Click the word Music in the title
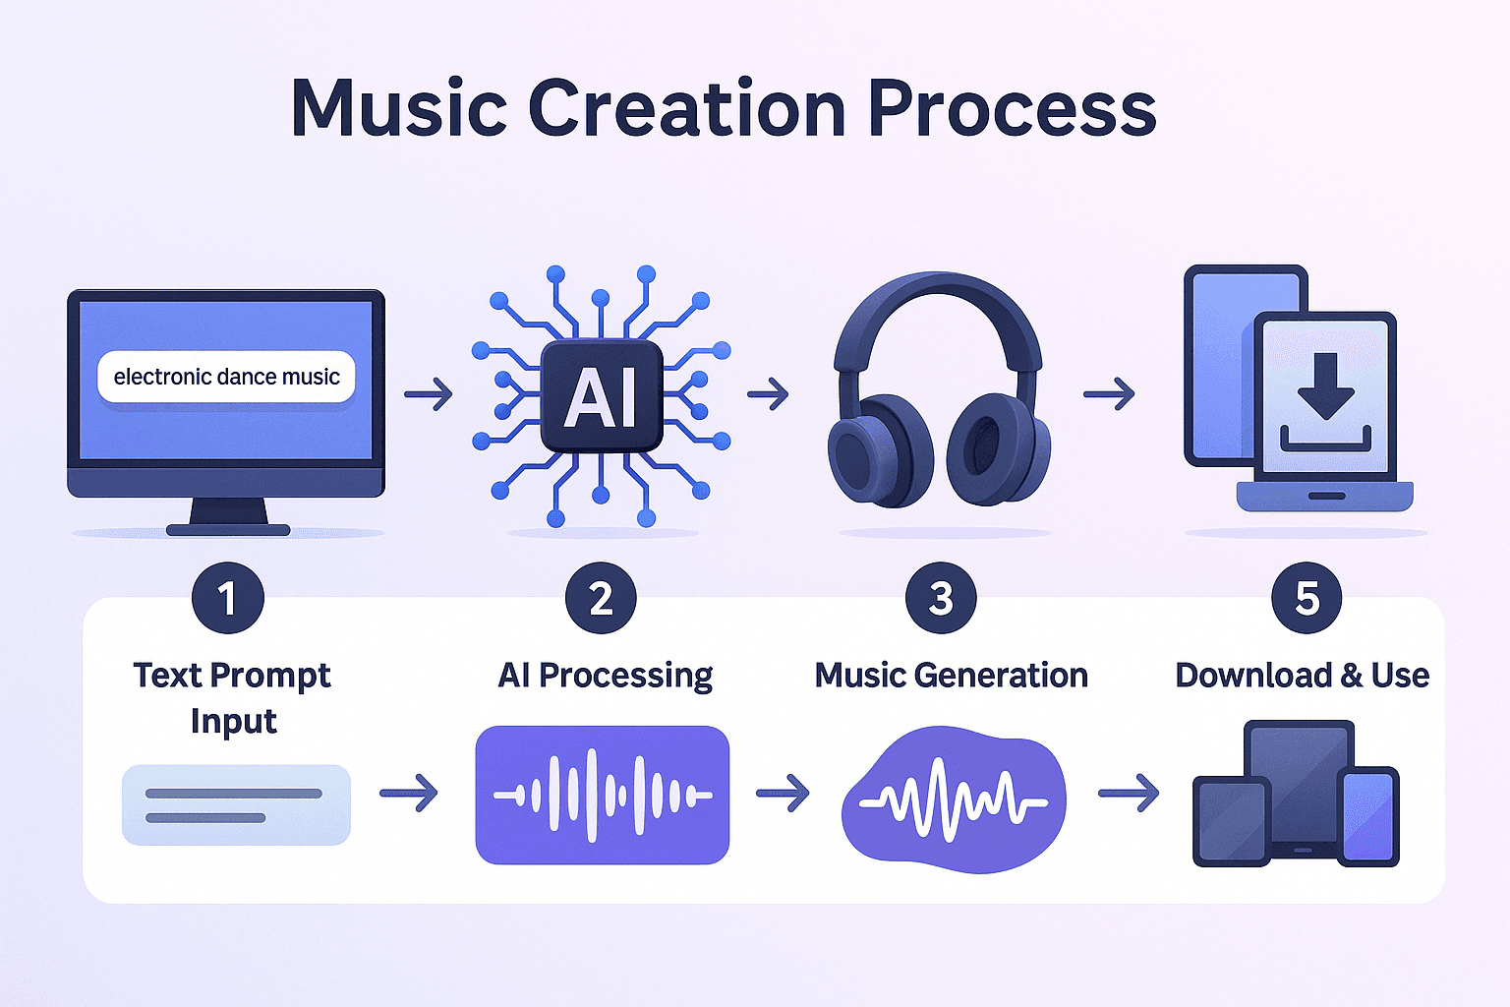click(398, 108)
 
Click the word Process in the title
click(1013, 108)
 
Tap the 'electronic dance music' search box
click(226, 377)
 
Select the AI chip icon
click(602, 396)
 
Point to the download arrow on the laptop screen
click(1326, 385)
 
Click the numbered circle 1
click(228, 598)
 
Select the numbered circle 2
click(601, 598)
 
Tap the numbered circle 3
click(941, 598)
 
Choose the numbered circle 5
click(1307, 598)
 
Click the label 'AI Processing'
click(606, 676)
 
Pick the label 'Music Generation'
click(952, 676)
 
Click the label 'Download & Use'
click(1303, 676)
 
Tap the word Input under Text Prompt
click(233, 722)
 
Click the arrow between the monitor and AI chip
click(429, 394)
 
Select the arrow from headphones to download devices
click(1109, 394)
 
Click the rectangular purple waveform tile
click(602, 795)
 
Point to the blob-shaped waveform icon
click(954, 800)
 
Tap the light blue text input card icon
click(236, 804)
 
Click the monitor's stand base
click(228, 530)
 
